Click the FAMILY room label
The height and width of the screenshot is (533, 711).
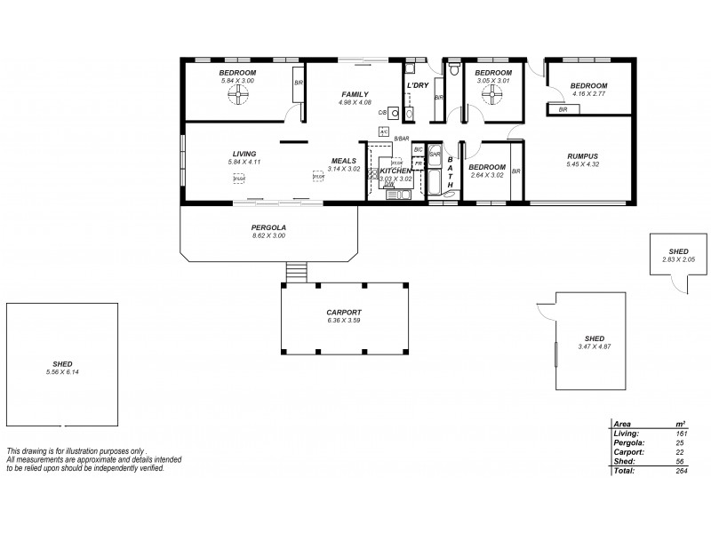pos(355,93)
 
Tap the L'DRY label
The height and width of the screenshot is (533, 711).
pos(417,85)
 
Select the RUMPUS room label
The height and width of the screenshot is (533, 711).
pos(582,156)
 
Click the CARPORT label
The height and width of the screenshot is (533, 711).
pos(343,313)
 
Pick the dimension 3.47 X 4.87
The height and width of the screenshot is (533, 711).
pos(594,346)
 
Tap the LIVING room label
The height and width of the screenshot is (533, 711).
pos(244,154)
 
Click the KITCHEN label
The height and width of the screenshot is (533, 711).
pos(395,171)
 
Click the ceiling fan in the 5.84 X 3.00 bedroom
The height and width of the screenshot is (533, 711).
pos(237,98)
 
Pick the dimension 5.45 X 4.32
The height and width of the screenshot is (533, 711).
pos(582,164)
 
